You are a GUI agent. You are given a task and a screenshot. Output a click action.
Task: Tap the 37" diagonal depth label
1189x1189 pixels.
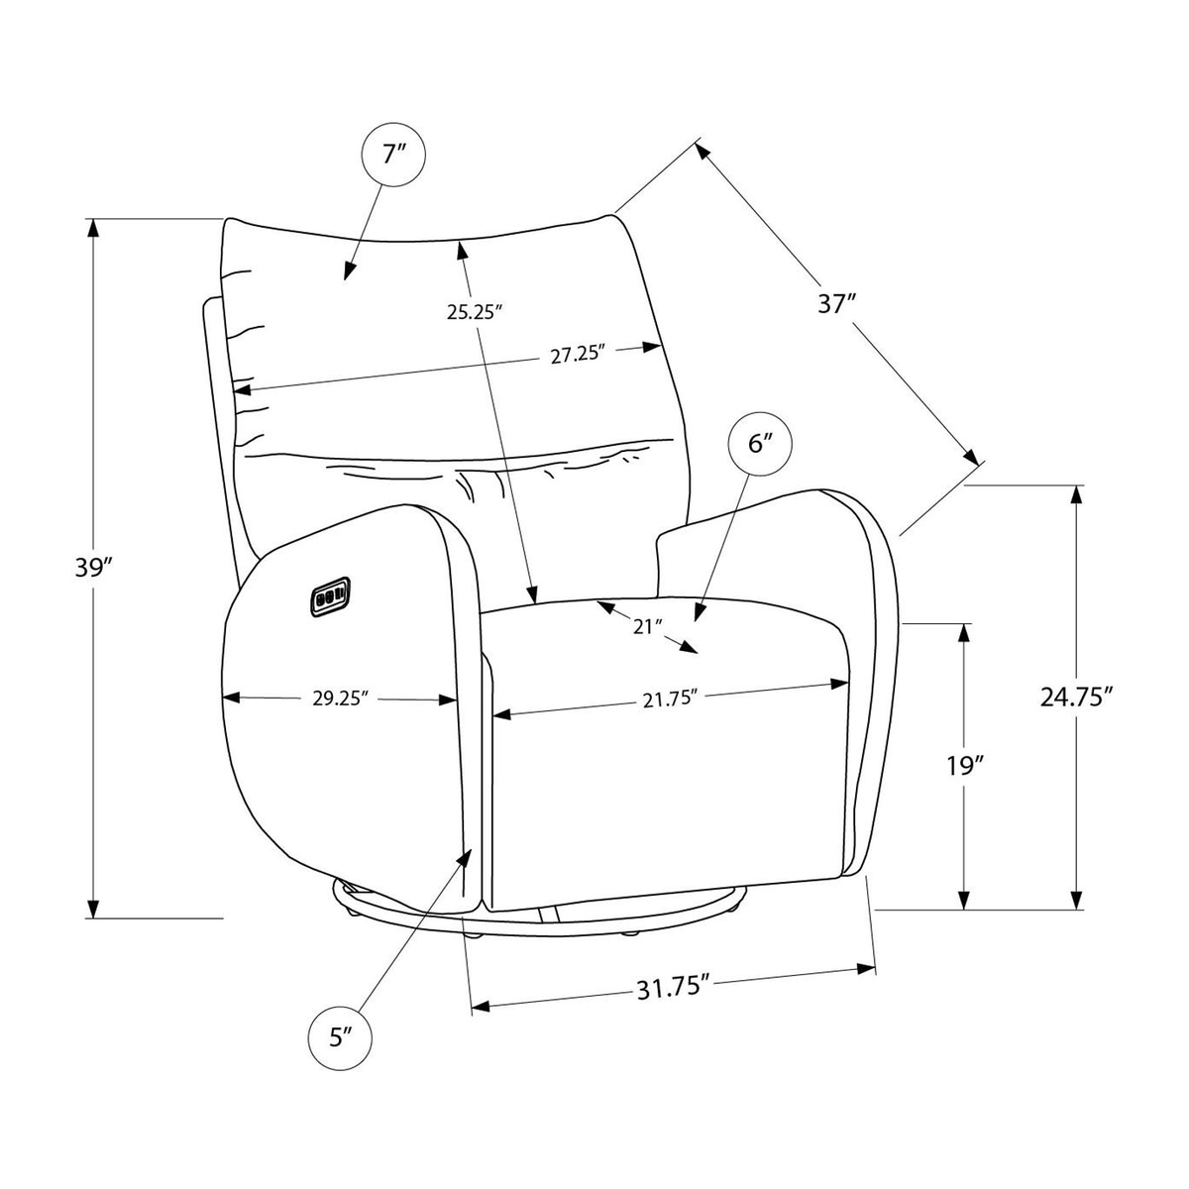tap(837, 303)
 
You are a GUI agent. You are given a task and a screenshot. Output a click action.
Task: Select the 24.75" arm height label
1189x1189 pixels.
tap(1077, 698)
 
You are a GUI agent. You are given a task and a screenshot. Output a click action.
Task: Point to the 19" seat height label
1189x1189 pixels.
tap(964, 766)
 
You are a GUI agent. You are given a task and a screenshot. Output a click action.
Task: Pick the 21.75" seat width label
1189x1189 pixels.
tap(670, 701)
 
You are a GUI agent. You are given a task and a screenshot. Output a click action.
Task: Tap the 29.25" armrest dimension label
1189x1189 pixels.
tap(340, 699)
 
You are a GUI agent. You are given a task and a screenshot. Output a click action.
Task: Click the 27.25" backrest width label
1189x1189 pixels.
tap(576, 355)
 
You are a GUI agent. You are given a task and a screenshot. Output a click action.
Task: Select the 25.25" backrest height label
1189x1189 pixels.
tap(472, 313)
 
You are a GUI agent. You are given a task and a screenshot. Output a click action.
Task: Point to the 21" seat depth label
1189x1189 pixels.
tap(647, 627)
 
